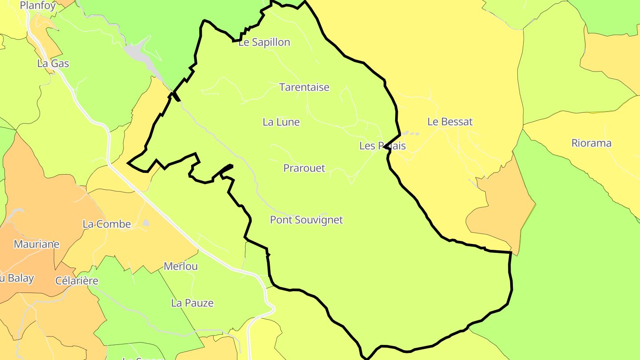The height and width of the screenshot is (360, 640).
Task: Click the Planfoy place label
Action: [38, 6]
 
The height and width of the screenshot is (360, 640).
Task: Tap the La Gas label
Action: [53, 64]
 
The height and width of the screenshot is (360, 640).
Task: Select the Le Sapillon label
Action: [264, 42]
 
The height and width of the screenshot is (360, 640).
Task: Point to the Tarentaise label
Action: [304, 87]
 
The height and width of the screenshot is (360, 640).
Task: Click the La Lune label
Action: [281, 122]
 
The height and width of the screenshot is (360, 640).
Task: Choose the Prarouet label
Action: [304, 168]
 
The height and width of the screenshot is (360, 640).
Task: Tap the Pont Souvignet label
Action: [306, 220]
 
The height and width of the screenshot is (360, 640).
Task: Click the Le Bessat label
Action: [450, 121]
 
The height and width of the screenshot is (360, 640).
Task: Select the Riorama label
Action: [591, 143]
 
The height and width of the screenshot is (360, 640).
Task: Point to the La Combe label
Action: [107, 224]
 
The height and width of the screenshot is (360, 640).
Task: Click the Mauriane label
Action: [36, 244]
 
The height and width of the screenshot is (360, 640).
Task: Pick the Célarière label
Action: [76, 280]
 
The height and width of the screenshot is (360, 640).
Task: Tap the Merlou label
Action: [180, 266]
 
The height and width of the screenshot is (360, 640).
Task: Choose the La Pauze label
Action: [192, 303]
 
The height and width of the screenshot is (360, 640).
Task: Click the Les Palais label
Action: [382, 145]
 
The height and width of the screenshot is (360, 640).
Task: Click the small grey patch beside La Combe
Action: [146, 223]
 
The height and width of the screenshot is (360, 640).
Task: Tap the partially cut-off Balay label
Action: [17, 279]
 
